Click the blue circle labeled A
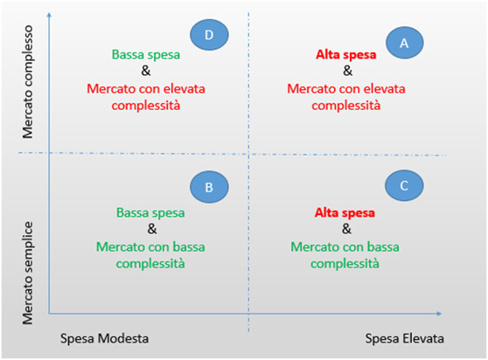pyautogui.click(x=404, y=43)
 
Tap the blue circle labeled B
pyautogui.click(x=209, y=187)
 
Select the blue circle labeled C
pyautogui.click(x=404, y=185)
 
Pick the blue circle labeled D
pyautogui.click(x=209, y=35)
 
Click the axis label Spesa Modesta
pyautogui.click(x=104, y=338)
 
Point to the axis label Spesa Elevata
pyautogui.click(x=404, y=338)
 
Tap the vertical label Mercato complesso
pyautogui.click(x=27, y=82)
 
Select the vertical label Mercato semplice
pyautogui.click(x=27, y=273)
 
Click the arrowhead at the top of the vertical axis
pyautogui.click(x=49, y=15)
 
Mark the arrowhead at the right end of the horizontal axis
pyautogui.click(x=439, y=314)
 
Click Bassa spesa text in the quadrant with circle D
pyautogui.click(x=146, y=55)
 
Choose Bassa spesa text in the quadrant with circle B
pyautogui.click(x=151, y=213)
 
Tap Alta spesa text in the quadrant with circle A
pyautogui.click(x=346, y=55)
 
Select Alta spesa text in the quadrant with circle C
pyautogui.click(x=345, y=213)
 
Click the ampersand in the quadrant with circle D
pyautogui.click(x=146, y=70)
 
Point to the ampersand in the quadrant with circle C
pyautogui.click(x=347, y=229)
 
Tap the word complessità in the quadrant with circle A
pyautogui.click(x=346, y=106)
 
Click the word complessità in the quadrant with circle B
pyautogui.click(x=151, y=264)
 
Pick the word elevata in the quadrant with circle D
pyautogui.click(x=184, y=89)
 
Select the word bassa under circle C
pyautogui.click(x=383, y=247)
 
